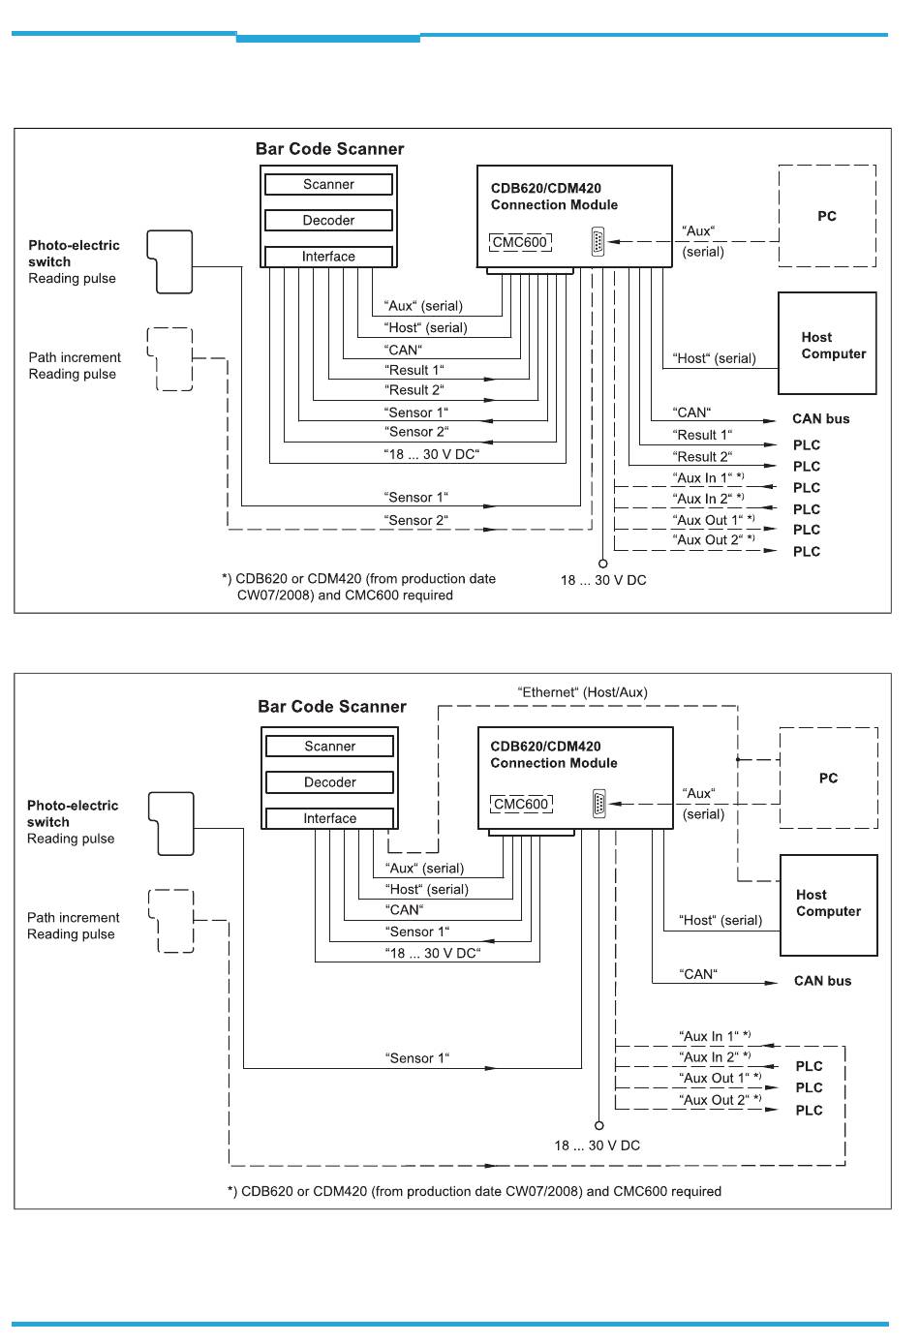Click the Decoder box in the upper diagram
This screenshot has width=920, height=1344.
[328, 220]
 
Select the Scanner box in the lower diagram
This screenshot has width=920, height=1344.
[329, 746]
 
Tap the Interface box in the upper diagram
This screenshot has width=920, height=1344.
[328, 257]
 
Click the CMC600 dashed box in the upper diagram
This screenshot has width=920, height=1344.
[520, 242]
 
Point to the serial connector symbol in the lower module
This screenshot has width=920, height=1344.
[598, 804]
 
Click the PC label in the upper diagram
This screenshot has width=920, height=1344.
[826, 216]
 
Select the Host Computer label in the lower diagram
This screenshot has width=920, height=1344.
[828, 903]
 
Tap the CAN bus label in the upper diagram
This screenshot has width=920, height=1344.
[820, 419]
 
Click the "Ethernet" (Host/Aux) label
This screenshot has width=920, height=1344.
[582, 692]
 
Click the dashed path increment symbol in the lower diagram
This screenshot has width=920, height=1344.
[171, 921]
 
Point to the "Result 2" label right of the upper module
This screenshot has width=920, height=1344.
[702, 457]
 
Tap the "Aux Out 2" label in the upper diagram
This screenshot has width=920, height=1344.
[714, 539]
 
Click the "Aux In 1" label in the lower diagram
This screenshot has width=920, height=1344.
[715, 1036]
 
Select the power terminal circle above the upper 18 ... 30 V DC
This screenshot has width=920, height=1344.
[603, 564]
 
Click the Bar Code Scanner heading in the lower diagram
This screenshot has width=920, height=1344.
[332, 706]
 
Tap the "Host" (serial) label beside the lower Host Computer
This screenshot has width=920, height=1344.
[721, 920]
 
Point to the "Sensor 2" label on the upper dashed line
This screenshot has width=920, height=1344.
[415, 520]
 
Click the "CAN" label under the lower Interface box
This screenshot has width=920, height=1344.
[404, 909]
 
